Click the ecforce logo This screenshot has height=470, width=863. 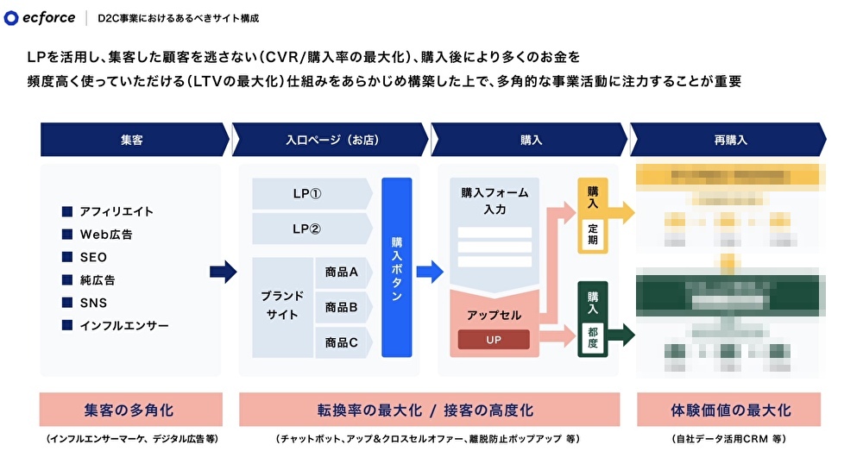[40, 18]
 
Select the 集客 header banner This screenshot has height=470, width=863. [132, 139]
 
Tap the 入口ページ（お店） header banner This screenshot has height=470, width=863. [331, 139]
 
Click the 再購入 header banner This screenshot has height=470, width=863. [729, 139]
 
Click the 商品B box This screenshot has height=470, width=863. [343, 307]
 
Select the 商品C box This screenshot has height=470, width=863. [343, 342]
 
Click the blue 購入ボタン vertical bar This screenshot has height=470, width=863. [397, 268]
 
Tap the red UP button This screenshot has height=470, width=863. [494, 340]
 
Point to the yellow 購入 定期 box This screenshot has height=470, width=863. [593, 216]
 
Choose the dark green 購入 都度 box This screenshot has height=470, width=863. [593, 318]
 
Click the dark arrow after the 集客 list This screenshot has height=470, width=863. [223, 273]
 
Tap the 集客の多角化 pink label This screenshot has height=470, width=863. [131, 410]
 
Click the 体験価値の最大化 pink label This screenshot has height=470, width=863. [730, 410]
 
